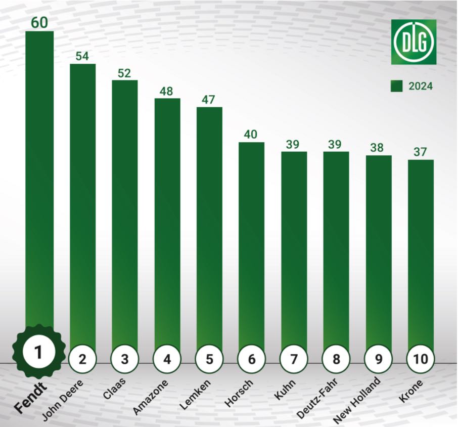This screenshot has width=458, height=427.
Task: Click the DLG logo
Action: (414, 41)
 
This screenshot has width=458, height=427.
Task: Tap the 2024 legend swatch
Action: (396, 86)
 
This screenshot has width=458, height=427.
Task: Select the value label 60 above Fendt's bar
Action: (39, 23)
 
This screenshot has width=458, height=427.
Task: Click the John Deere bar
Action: (82, 202)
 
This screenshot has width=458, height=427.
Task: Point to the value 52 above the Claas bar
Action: (124, 73)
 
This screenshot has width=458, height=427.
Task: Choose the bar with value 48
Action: (167, 223)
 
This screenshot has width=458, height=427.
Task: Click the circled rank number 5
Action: (209, 359)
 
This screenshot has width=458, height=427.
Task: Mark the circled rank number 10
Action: (421, 359)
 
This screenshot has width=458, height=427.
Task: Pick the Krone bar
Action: (421, 253)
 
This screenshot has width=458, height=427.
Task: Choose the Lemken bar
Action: (209, 228)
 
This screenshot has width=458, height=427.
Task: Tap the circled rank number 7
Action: (294, 359)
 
